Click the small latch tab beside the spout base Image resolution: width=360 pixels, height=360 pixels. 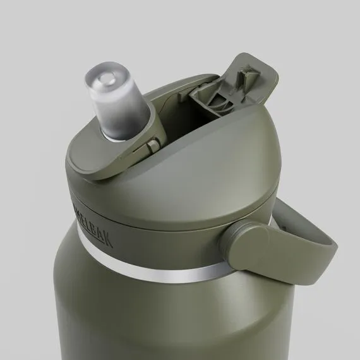[x=152, y=146]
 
